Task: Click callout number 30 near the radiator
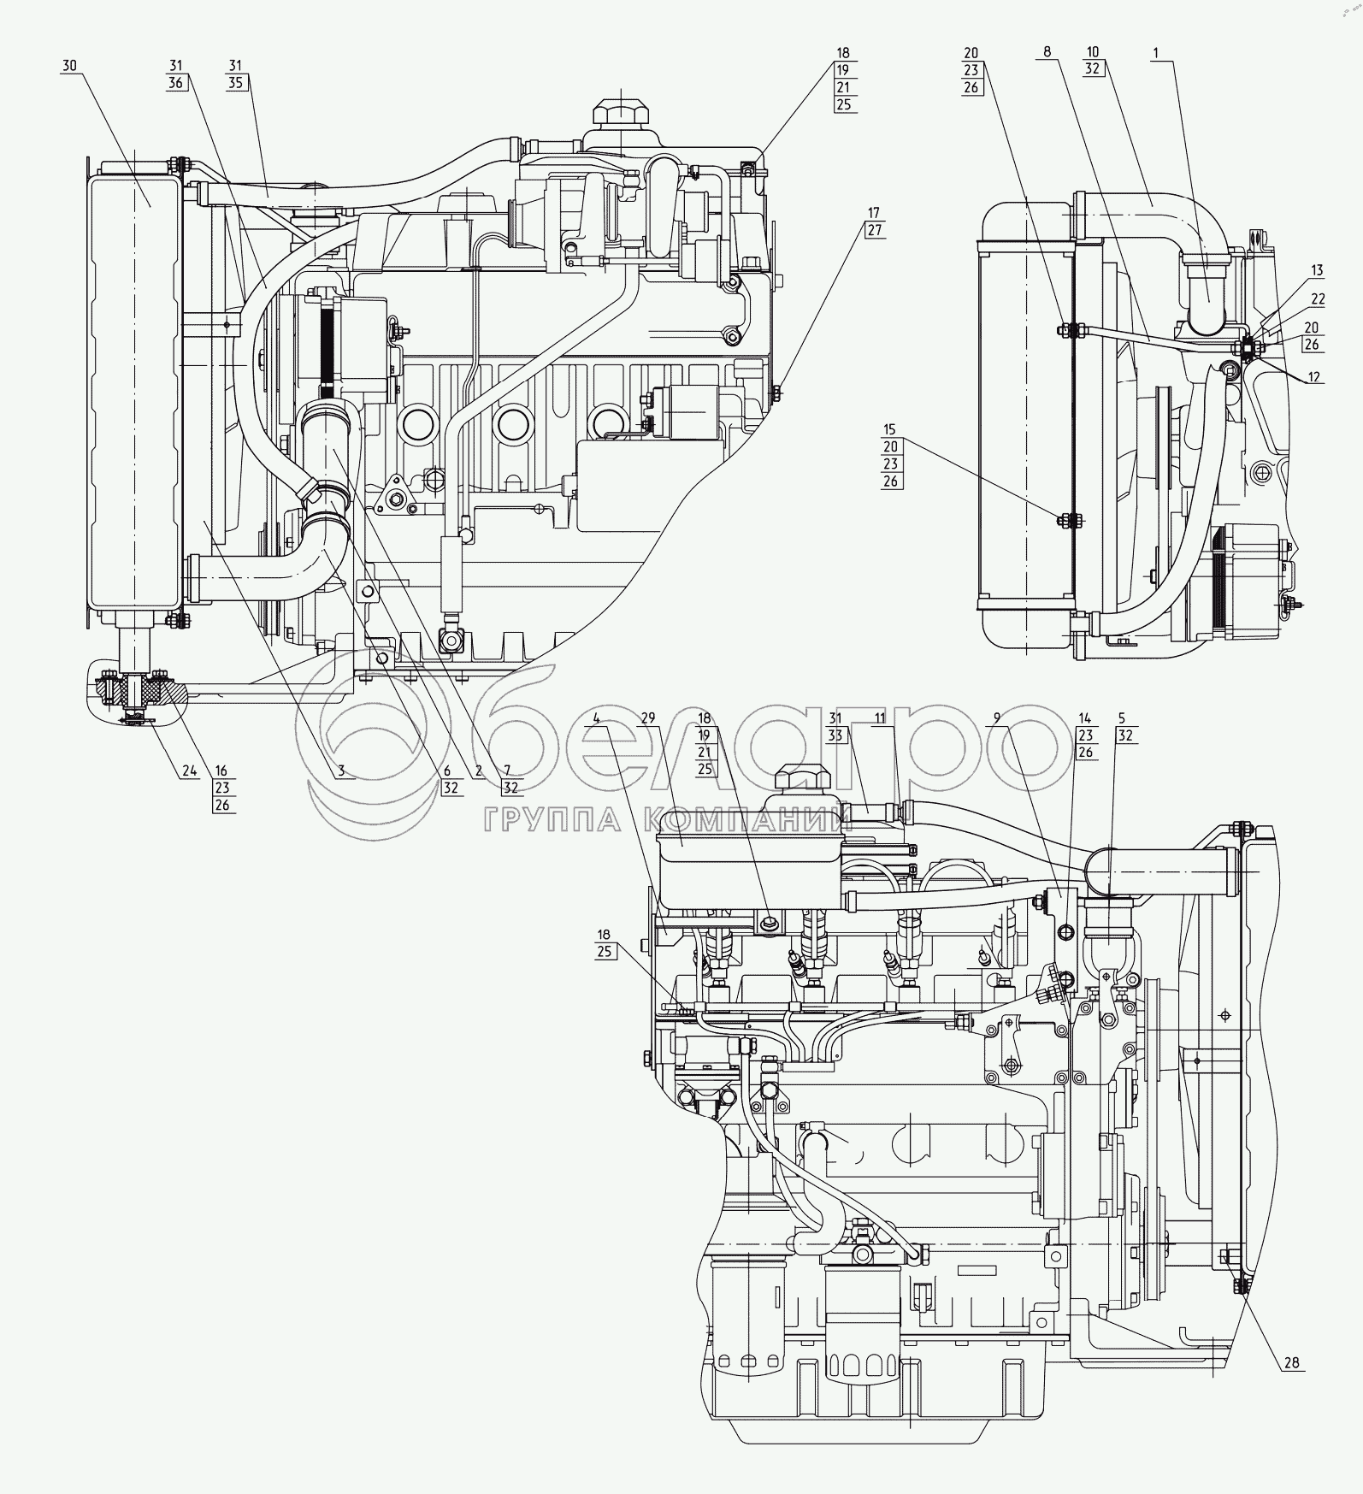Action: [69, 66]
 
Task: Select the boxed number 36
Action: [177, 83]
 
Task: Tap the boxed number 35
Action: [236, 83]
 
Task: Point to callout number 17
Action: [873, 212]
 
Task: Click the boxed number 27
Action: [873, 229]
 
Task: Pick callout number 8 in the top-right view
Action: [1047, 53]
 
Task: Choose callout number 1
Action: [1156, 53]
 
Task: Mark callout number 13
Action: [1317, 270]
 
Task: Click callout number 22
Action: [1318, 298]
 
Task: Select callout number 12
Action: [1314, 377]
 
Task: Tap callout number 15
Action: [891, 428]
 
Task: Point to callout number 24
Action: [187, 771]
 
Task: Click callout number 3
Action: [340, 771]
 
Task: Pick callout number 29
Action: [647, 717]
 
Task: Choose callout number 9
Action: [994, 718]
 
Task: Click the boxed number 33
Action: [835, 735]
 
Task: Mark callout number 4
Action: [597, 717]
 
